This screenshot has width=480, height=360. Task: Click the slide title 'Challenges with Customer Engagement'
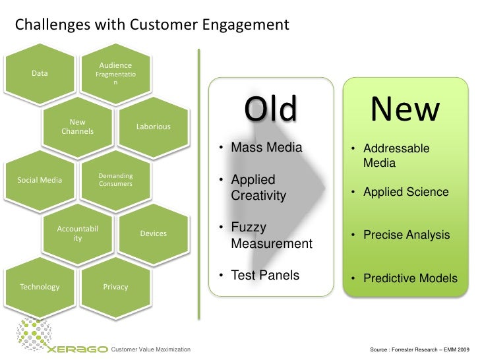point(152,26)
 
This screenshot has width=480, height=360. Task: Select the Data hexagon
point(40,74)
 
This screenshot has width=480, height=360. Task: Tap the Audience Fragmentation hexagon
point(115,73)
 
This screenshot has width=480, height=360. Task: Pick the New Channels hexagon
point(78,126)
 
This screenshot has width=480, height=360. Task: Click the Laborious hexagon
point(153,127)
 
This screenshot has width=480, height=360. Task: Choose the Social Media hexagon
point(40,180)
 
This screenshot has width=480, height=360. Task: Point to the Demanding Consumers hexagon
point(115,180)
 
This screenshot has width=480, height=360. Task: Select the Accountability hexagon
point(78,233)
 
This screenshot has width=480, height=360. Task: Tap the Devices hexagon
point(153,233)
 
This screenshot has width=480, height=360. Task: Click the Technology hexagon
point(40,287)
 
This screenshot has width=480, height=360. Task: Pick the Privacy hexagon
point(115,287)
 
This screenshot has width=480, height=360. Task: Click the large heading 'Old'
point(270,110)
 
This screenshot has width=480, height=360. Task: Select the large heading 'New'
point(404,110)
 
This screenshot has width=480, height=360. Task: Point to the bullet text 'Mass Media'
point(266,148)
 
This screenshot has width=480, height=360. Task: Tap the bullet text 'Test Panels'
point(264,275)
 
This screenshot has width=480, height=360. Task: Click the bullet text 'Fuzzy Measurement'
point(271,235)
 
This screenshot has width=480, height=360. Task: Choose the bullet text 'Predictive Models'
point(409,279)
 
